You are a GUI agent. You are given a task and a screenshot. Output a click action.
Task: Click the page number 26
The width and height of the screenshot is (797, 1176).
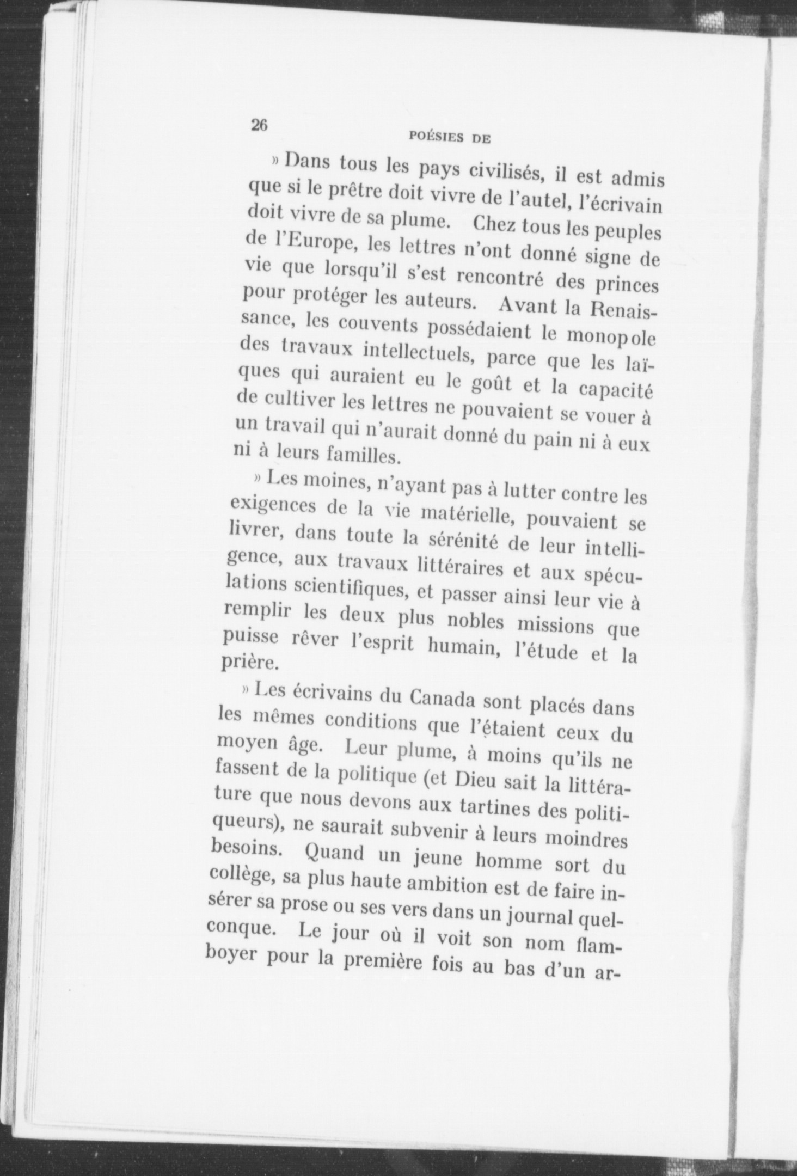click(x=258, y=125)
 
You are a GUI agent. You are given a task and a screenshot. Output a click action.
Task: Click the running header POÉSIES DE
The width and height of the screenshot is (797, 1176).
click(x=449, y=138)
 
